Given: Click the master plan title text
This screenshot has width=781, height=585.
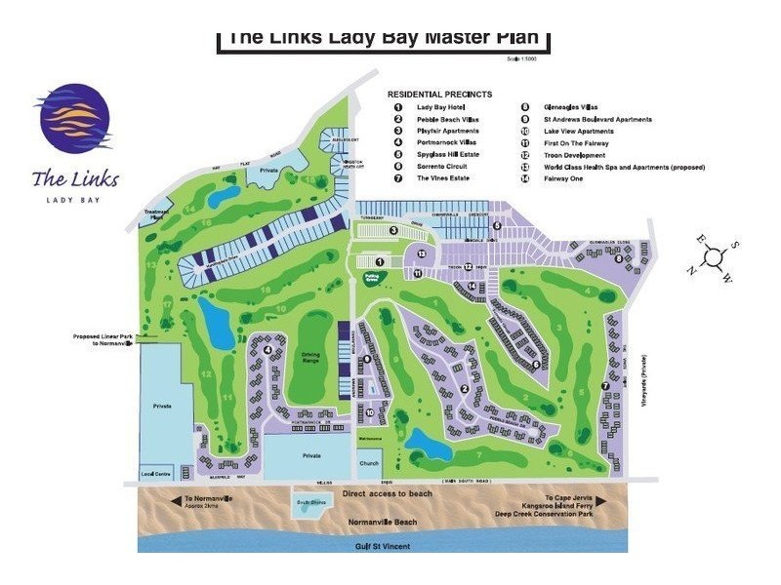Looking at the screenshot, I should pyautogui.click(x=382, y=37).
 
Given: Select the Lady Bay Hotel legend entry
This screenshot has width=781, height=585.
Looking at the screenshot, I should pyautogui.click(x=441, y=107).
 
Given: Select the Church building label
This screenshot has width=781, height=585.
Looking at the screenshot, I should pyautogui.click(x=369, y=463).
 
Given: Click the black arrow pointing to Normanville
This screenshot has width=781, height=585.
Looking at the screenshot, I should pyautogui.click(x=175, y=501).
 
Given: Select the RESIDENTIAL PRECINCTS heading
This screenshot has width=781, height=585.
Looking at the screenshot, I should pyautogui.click(x=438, y=94).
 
